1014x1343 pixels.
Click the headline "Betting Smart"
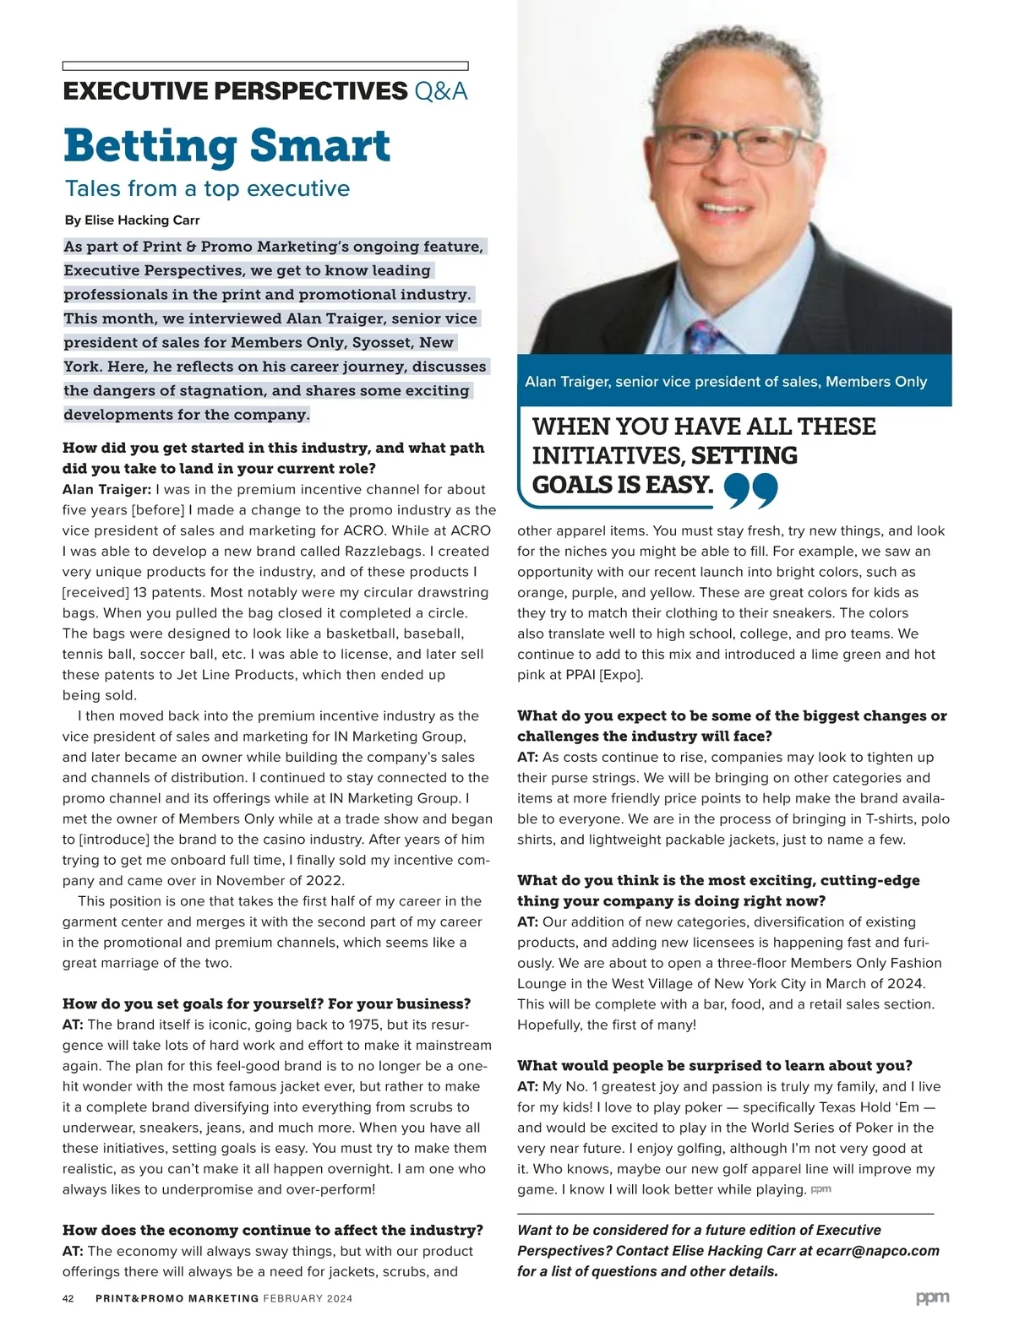pyautogui.click(x=226, y=145)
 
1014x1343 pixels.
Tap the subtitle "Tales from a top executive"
pyautogui.click(x=207, y=188)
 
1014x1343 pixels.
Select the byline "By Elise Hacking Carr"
pyautogui.click(x=132, y=220)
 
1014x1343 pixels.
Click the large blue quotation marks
pyautogui.click(x=750, y=491)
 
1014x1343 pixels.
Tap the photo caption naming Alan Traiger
pyautogui.click(x=726, y=382)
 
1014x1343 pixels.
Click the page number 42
pyautogui.click(x=68, y=1298)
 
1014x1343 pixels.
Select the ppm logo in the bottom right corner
pyautogui.click(x=932, y=1297)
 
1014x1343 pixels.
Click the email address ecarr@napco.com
pyautogui.click(x=886, y=1251)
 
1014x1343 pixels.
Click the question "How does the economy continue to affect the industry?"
pyautogui.click(x=273, y=1230)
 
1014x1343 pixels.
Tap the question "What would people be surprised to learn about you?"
pyautogui.click(x=715, y=1065)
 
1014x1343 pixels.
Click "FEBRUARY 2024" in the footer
pyautogui.click(x=308, y=1298)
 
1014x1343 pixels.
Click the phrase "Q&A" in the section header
pyautogui.click(x=441, y=91)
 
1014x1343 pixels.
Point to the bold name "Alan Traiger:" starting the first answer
pyautogui.click(x=106, y=490)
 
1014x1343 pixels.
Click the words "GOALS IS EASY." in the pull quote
pyautogui.click(x=623, y=485)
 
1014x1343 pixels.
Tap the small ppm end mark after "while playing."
pyautogui.click(x=820, y=1189)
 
